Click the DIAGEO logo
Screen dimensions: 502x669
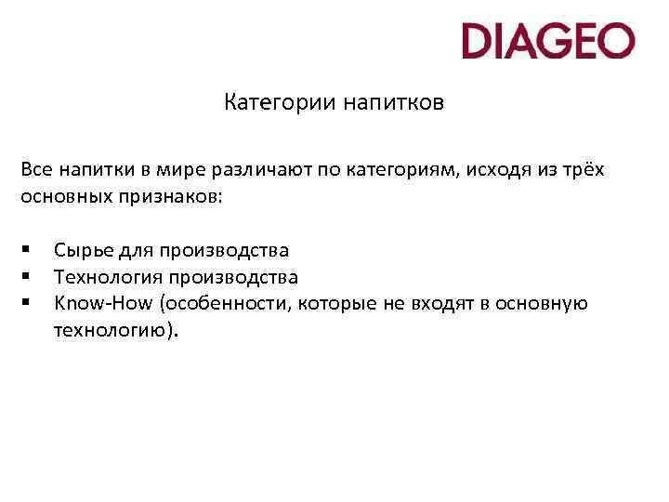pos(548,41)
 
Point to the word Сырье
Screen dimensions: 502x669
pos(81,250)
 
